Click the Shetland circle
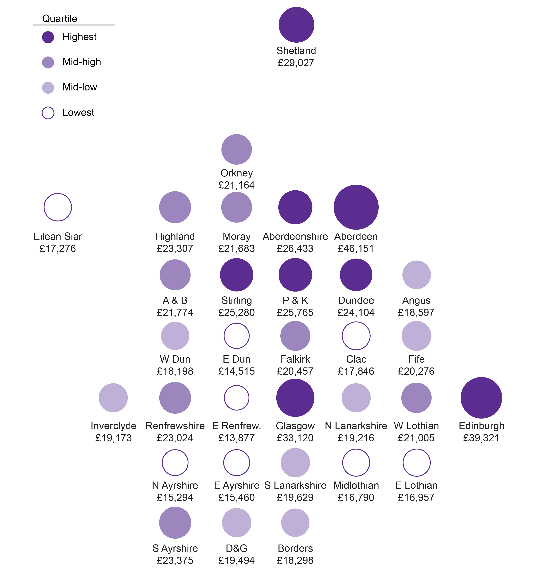(296, 25)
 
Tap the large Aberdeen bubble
(356, 207)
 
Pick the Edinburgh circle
(481, 398)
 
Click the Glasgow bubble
(295, 398)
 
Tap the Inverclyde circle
(113, 398)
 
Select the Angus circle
(417, 275)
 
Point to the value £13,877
(237, 438)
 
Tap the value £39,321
(481, 438)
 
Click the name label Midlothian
(356, 485)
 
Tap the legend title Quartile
(60, 19)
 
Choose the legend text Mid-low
(80, 87)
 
